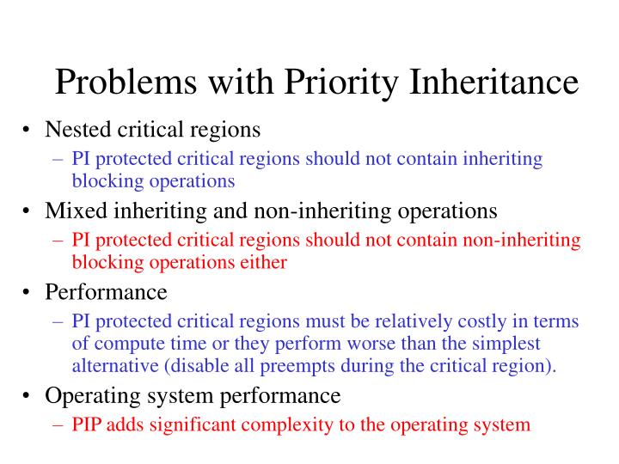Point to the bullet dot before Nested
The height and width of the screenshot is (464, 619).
click(x=28, y=131)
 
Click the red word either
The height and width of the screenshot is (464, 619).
click(x=263, y=262)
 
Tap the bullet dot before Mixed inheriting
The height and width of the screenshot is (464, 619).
click(x=28, y=211)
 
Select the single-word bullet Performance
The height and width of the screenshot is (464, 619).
click(x=106, y=292)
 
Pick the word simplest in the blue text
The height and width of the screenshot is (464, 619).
click(x=510, y=344)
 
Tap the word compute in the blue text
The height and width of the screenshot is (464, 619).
click(x=124, y=344)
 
